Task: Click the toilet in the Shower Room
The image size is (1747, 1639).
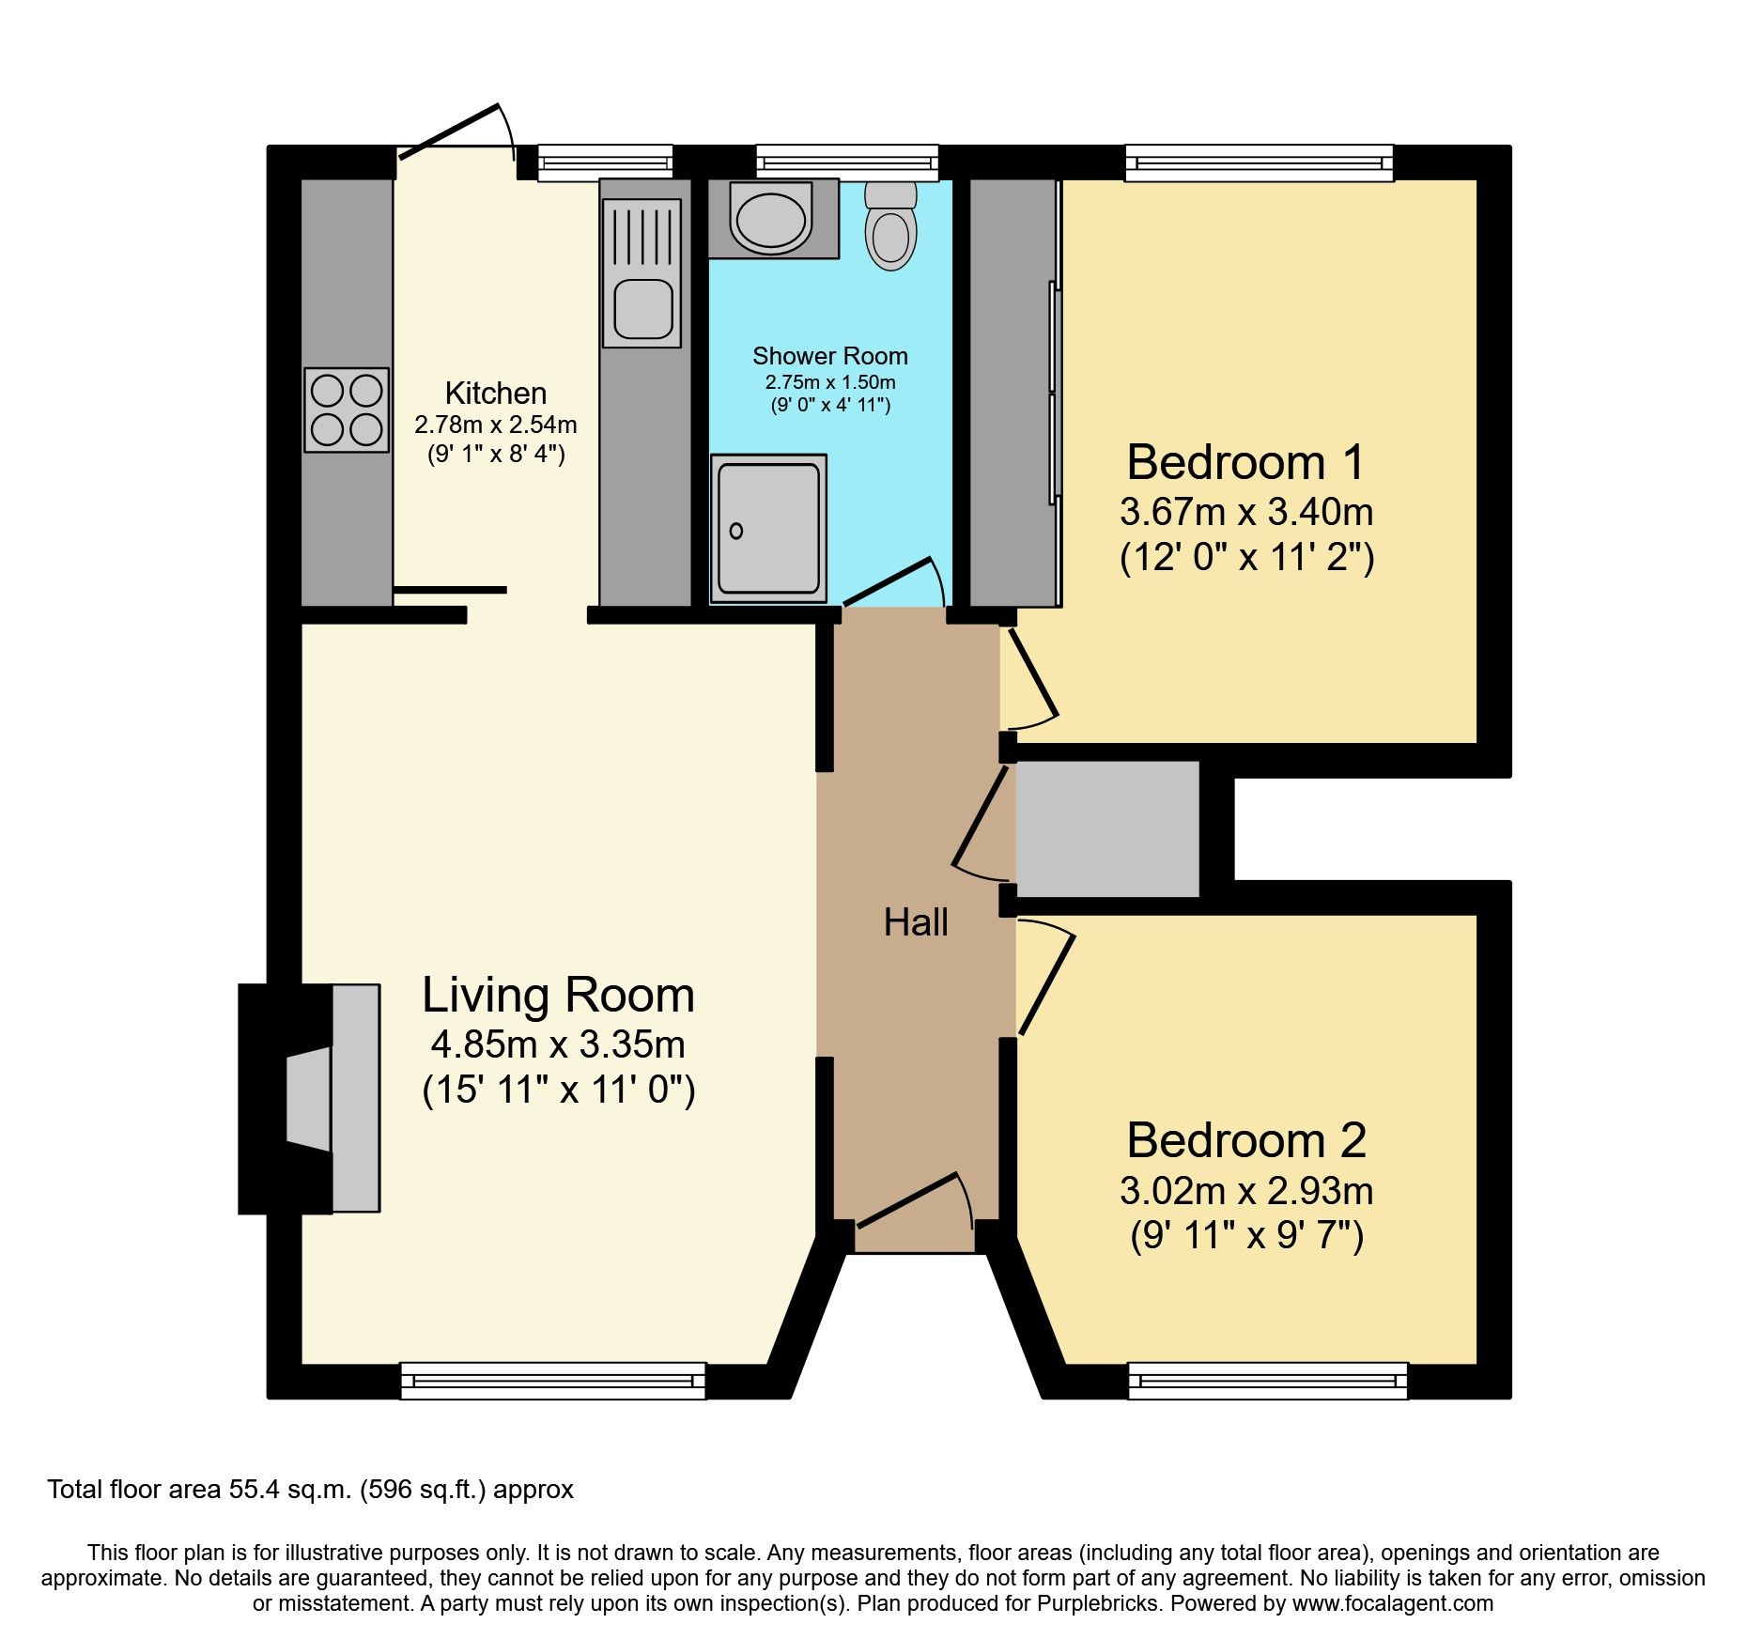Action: click(890, 228)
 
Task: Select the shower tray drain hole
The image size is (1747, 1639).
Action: click(736, 532)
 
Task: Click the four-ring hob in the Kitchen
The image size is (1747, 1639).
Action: click(347, 410)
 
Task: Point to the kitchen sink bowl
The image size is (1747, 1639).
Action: click(643, 309)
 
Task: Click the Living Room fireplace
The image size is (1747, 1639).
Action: click(310, 1098)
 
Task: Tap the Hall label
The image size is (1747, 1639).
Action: click(916, 922)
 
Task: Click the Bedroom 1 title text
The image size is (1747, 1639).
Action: click(1245, 463)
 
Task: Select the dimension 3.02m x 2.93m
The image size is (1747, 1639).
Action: click(1246, 1191)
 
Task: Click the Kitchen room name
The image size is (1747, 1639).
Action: click(496, 393)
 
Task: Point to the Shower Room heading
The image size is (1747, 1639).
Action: click(830, 356)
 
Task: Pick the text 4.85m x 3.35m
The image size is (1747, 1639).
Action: click(558, 1044)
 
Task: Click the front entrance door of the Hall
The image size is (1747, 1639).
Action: click(907, 1199)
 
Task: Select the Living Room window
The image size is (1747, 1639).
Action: click(553, 1381)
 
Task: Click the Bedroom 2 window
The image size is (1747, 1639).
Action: click(1268, 1381)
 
